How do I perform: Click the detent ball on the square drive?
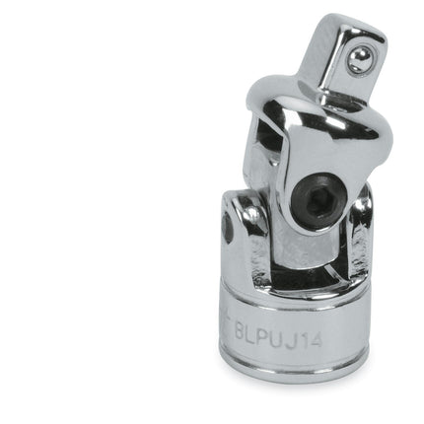pos(359,60)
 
